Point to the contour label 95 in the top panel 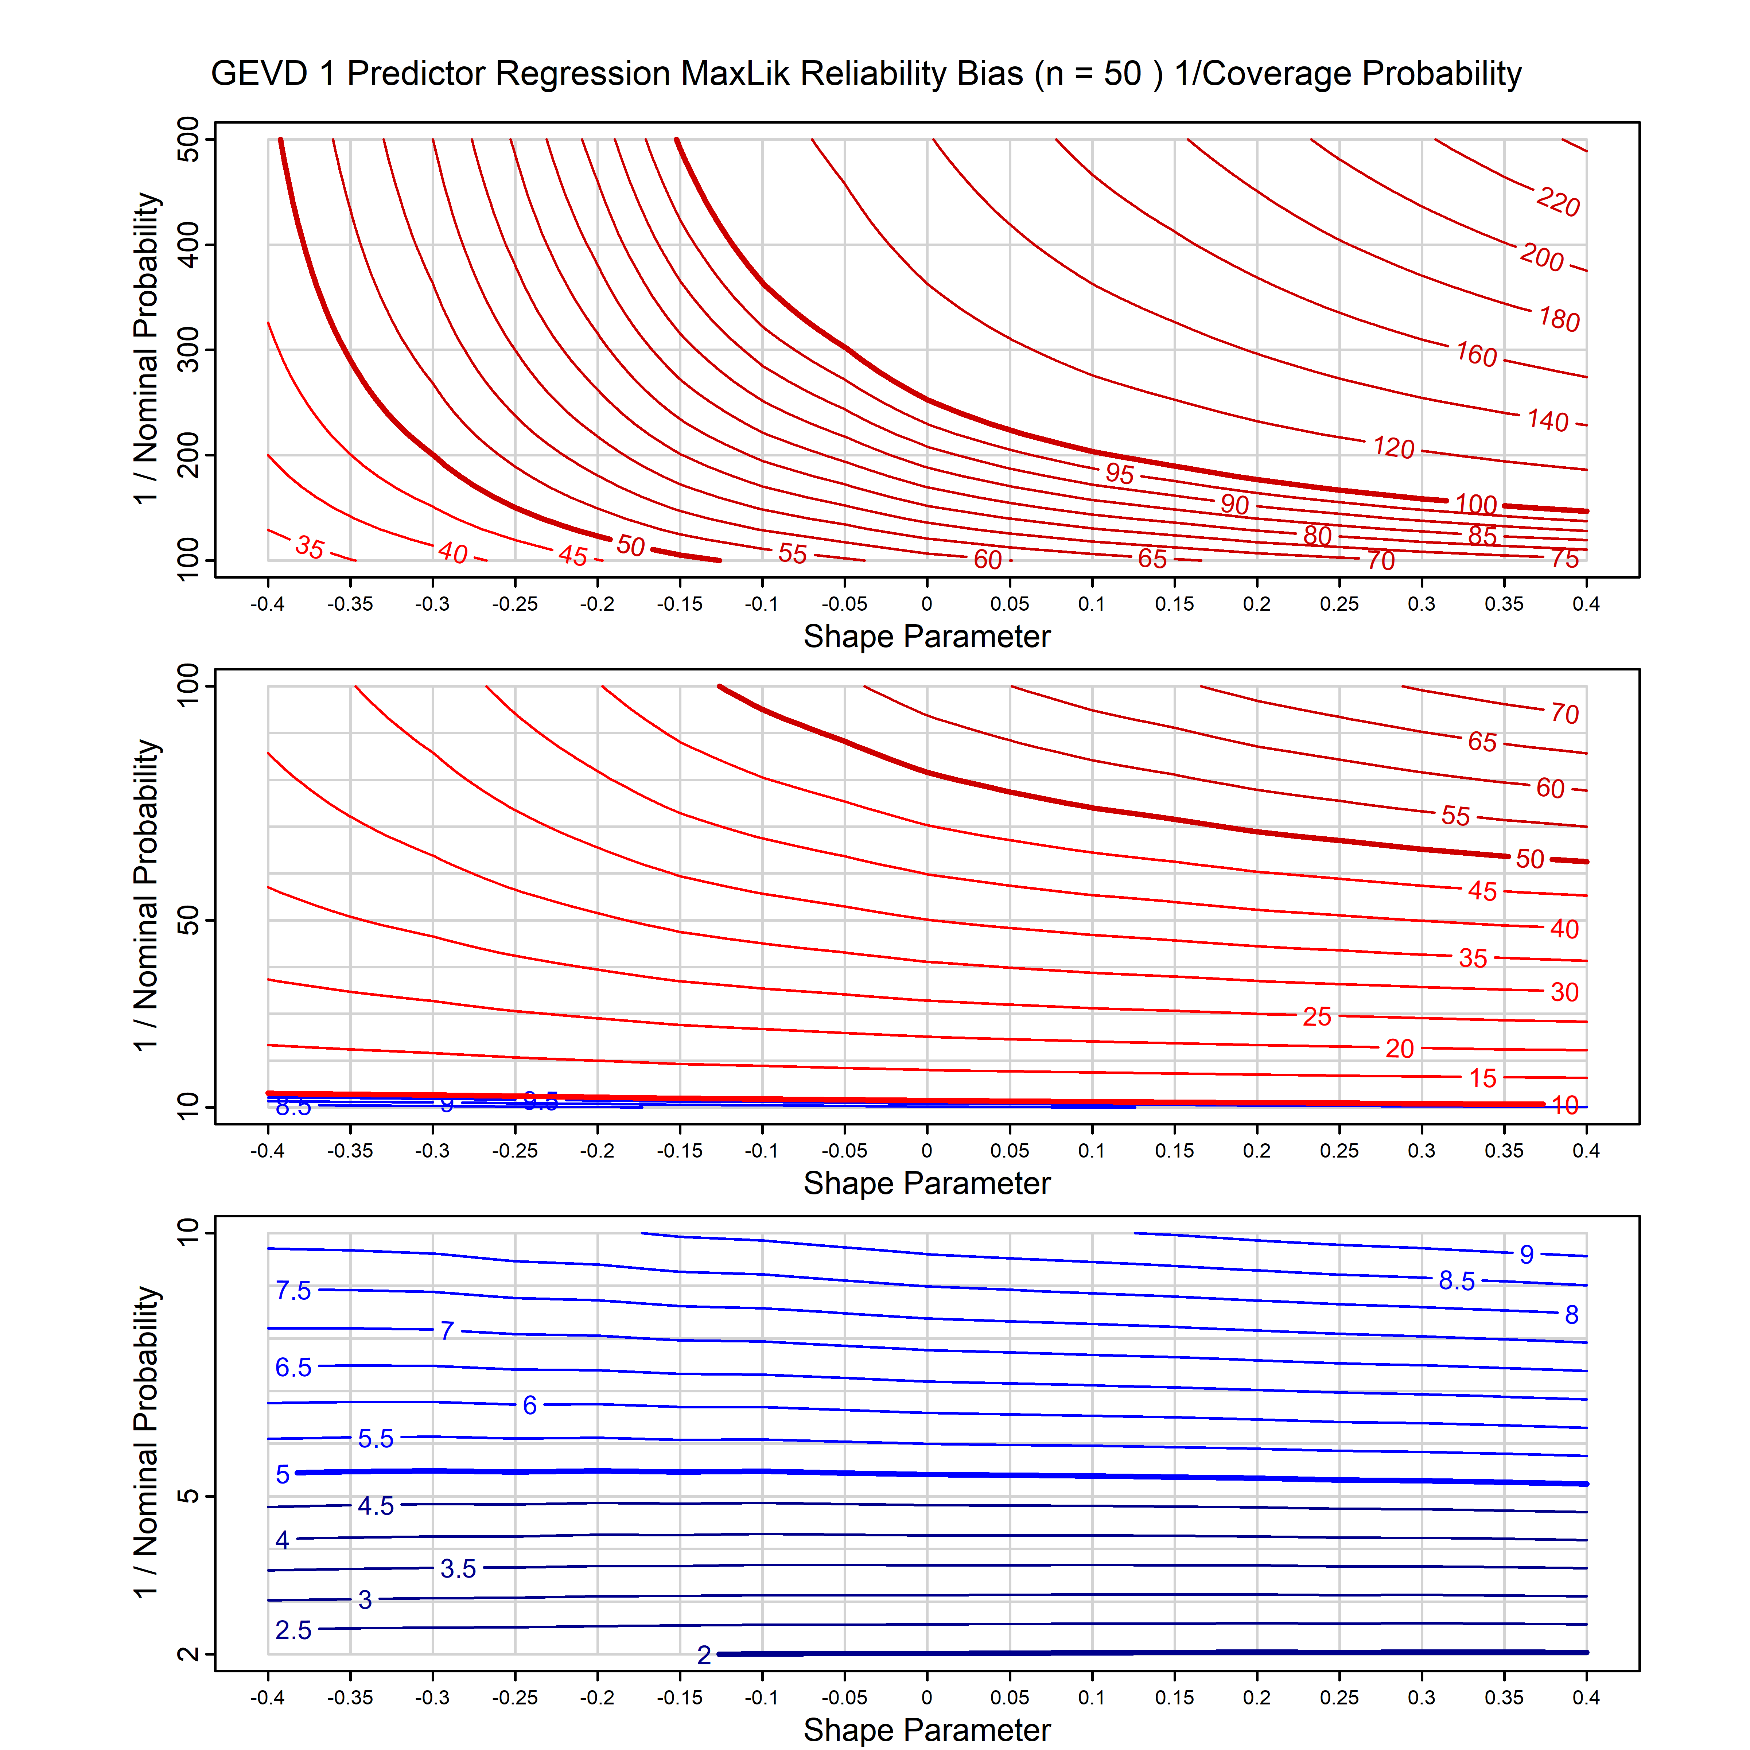[x=1120, y=473]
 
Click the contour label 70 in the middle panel [x=1564, y=714]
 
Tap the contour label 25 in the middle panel [x=1317, y=1016]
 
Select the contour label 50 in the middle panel [x=1530, y=858]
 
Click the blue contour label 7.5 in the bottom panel [x=293, y=1290]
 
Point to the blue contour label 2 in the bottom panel [x=704, y=1655]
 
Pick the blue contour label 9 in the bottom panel [x=1526, y=1254]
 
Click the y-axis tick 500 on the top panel [x=188, y=140]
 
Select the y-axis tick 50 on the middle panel [x=188, y=921]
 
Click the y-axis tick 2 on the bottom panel [x=188, y=1654]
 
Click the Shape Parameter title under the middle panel [x=927, y=1183]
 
